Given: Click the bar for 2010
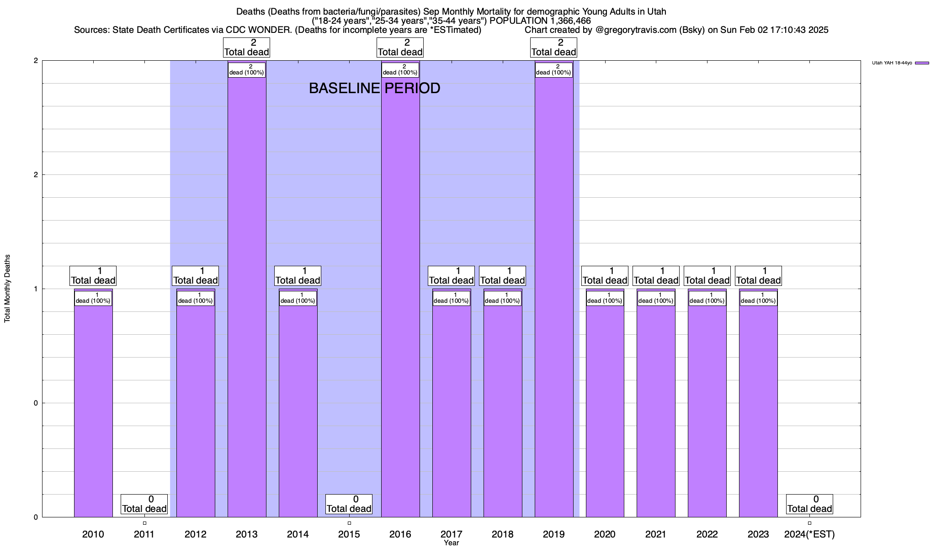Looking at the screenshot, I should [x=93, y=406].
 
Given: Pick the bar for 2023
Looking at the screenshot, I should [x=758, y=406].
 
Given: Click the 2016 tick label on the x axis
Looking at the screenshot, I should [x=400, y=534].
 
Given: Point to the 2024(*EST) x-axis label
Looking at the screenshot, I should [x=809, y=534].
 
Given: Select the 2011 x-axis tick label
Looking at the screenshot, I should [x=144, y=534].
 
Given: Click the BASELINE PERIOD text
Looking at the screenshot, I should [x=374, y=88].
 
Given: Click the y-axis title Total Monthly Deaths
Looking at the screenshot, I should [x=7, y=289].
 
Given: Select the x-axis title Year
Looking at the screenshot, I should [x=451, y=543].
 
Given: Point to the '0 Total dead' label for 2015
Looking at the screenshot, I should [x=349, y=504].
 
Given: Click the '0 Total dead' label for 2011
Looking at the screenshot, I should [x=144, y=504].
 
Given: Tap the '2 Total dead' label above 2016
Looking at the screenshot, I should [x=400, y=47].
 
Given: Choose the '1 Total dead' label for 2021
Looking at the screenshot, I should [x=656, y=276].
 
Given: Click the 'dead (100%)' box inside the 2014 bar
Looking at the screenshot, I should [x=298, y=298].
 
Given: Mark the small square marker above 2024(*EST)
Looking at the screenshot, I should [x=809, y=523].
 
